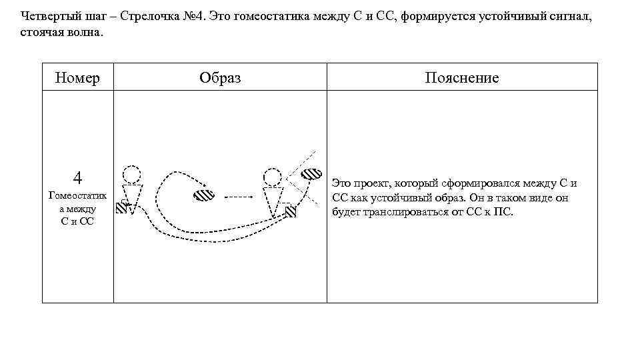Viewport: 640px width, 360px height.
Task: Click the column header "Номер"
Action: (x=77, y=78)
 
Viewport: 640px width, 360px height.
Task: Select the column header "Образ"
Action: (x=220, y=78)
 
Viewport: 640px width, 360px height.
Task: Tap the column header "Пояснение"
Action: (x=461, y=78)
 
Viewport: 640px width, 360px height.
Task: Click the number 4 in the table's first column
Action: (x=77, y=178)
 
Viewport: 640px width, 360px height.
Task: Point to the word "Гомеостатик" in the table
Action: (x=77, y=196)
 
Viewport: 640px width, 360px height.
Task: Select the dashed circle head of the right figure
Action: (x=272, y=177)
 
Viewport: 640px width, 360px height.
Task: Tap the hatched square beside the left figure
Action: (x=121, y=207)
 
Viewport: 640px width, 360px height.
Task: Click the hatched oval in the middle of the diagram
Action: (x=203, y=196)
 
